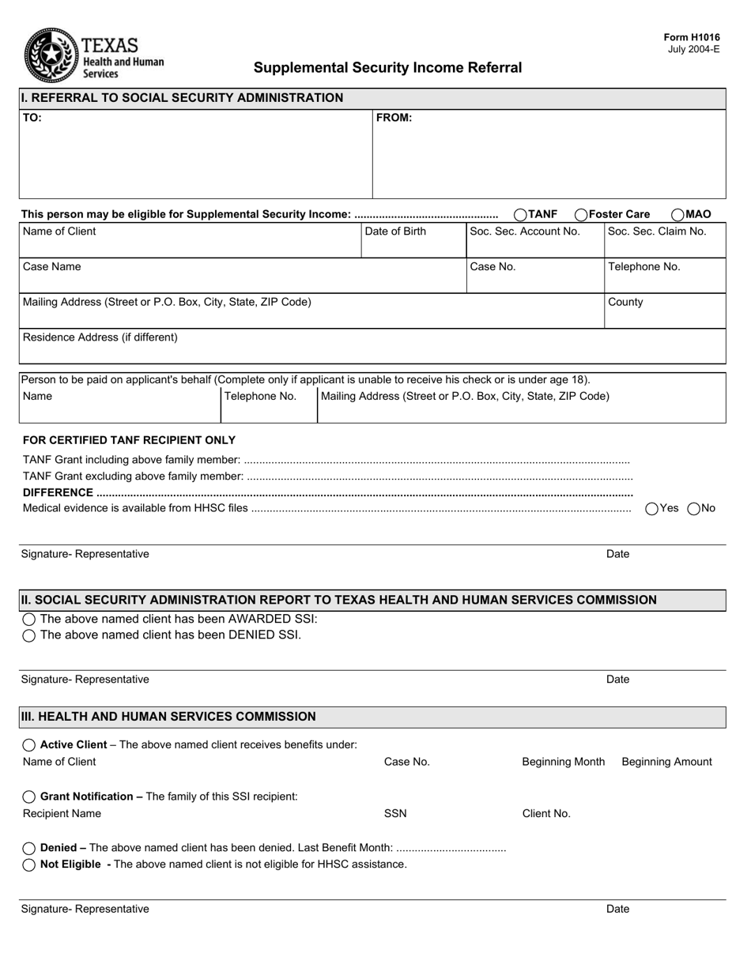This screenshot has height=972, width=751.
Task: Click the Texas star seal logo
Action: [x=51, y=55]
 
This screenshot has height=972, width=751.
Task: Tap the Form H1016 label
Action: [x=692, y=37]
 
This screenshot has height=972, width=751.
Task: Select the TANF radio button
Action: [x=520, y=214]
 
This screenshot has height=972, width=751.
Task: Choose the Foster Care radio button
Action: [x=581, y=214]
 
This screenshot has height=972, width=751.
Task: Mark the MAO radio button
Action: [x=677, y=214]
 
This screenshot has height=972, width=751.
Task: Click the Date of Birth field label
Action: [x=395, y=232]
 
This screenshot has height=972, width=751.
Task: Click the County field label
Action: [x=625, y=302]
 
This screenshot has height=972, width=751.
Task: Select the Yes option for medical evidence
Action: [x=652, y=509]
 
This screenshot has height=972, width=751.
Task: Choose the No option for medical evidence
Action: [x=694, y=509]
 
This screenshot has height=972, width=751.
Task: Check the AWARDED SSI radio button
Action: [x=29, y=620]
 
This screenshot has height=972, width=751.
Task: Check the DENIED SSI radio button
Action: [x=29, y=635]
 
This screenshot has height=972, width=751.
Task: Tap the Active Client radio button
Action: [x=29, y=745]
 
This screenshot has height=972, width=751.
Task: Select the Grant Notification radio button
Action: [x=29, y=797]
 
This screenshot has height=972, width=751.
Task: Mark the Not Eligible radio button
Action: [x=29, y=865]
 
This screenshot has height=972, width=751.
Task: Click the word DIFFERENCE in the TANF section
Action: [x=58, y=492]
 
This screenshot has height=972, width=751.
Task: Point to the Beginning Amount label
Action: [x=666, y=762]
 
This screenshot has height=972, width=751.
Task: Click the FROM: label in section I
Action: [x=394, y=118]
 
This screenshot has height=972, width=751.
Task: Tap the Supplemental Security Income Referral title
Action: [x=387, y=68]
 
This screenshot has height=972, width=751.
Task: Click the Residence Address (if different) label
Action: [x=100, y=337]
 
